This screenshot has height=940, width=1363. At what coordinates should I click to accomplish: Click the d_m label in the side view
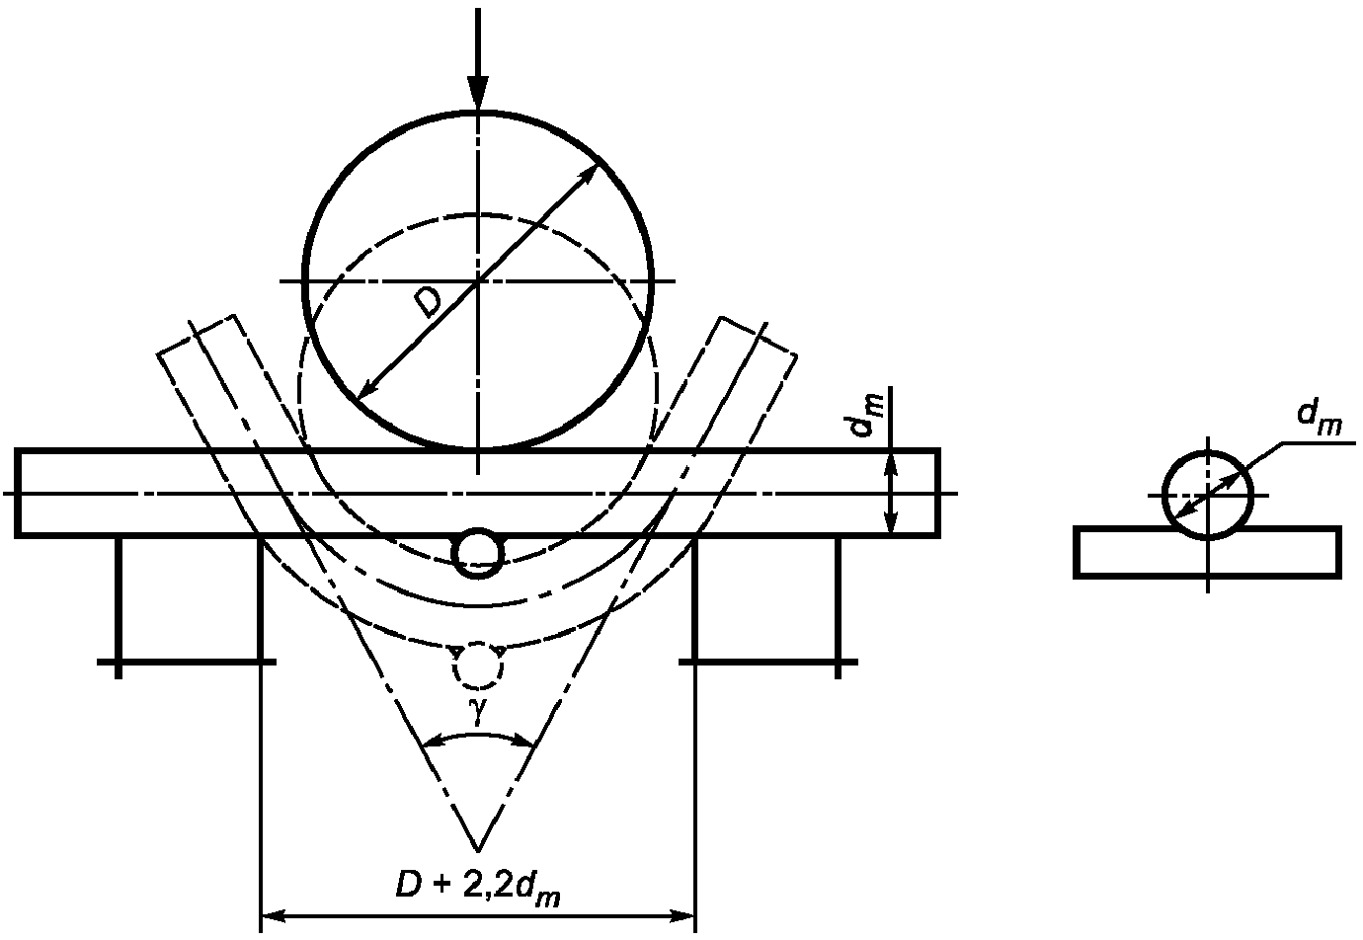tap(1320, 418)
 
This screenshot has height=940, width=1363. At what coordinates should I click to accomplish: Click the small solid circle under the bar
tap(478, 553)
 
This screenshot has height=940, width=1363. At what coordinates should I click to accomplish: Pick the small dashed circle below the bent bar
tap(478, 665)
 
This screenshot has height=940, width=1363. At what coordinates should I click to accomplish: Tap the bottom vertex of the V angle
tap(478, 850)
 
